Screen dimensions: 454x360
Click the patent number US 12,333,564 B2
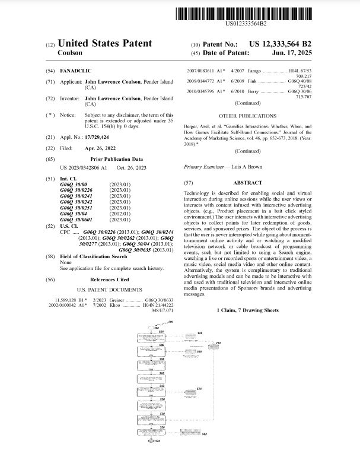coord(280,44)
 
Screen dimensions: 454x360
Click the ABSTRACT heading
coord(247,183)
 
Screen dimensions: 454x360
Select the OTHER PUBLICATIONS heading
coord(247,116)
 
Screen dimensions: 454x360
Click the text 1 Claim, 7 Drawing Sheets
coord(247,310)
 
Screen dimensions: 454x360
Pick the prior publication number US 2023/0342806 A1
coord(84,168)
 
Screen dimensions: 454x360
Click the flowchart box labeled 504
coord(153,337)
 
